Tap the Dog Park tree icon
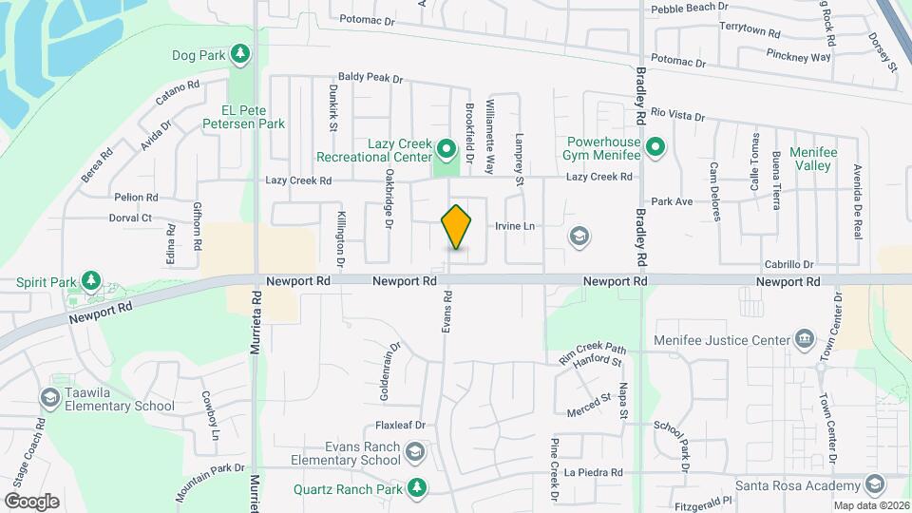[241, 55]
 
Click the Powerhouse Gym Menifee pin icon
[655, 147]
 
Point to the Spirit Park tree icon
[90, 281]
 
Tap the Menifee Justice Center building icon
[805, 339]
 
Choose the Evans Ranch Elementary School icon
[415, 451]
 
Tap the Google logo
[31, 501]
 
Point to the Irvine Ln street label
[516, 226]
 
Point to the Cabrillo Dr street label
[789, 265]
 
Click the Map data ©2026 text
[871, 505]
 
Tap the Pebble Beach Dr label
[690, 8]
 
